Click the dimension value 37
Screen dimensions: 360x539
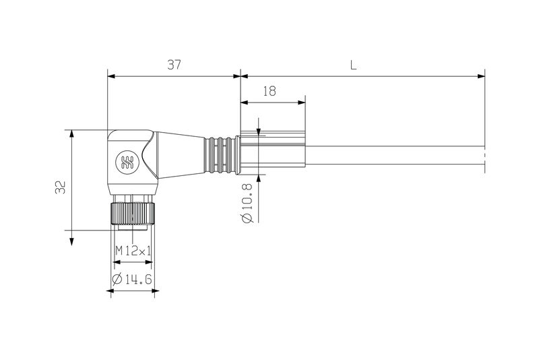click(x=175, y=65)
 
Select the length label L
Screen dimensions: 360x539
click(x=353, y=65)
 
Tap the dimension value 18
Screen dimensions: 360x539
click(x=269, y=92)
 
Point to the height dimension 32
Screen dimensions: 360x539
click(x=61, y=187)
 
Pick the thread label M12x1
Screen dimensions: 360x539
click(x=133, y=250)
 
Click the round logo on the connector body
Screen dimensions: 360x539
click(x=126, y=160)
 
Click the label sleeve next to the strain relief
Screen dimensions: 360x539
click(x=272, y=155)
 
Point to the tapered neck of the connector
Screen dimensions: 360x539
click(x=181, y=155)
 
